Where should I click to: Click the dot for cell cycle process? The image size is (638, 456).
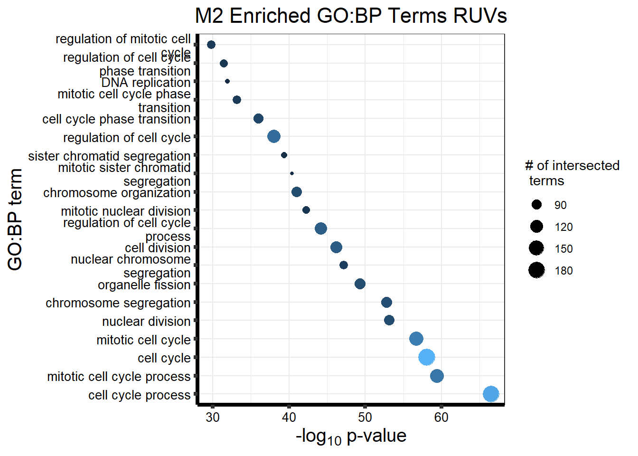[491, 394]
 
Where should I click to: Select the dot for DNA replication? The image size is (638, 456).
[227, 81]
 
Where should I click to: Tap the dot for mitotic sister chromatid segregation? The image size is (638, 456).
[292, 173]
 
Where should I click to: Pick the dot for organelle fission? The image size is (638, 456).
[360, 284]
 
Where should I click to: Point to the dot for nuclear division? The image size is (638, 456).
[389, 320]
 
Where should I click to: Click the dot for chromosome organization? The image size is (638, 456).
[297, 192]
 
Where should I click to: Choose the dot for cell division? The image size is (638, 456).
[336, 247]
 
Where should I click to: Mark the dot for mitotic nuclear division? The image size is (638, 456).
[306, 210]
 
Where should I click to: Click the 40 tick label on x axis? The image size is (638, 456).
[289, 418]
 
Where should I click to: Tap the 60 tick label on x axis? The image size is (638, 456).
[441, 418]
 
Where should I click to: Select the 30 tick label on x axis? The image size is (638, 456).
[213, 418]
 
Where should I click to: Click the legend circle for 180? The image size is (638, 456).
[537, 270]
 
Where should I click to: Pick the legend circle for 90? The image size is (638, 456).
[537, 205]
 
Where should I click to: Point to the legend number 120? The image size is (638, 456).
[563, 227]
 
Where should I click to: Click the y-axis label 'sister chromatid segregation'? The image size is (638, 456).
[109, 156]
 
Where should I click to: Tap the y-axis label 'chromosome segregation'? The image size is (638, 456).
[118, 303]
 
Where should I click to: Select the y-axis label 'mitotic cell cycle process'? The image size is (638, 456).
[119, 376]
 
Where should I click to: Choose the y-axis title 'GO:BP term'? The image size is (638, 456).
[15, 219]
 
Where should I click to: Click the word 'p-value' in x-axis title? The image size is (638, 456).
[376, 436]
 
